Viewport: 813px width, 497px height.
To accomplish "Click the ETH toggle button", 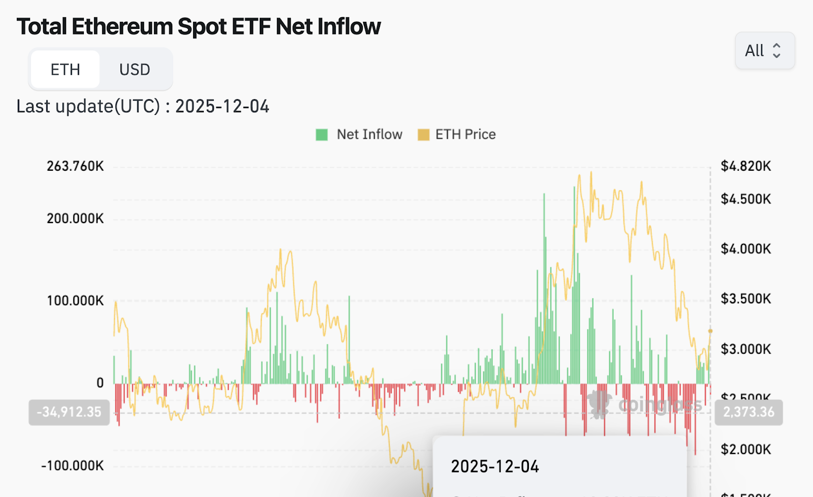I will (x=65, y=69).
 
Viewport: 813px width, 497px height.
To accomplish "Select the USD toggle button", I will (x=135, y=69).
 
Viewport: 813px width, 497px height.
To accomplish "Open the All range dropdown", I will (x=764, y=50).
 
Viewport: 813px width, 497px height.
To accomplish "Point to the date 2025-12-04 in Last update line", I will (x=222, y=106).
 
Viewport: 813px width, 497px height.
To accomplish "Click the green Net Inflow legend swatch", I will (x=322, y=135).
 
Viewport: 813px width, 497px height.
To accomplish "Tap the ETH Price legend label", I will (x=465, y=134).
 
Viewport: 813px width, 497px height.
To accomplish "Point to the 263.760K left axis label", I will (x=75, y=166).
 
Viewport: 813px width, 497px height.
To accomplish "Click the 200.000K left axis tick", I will (x=75, y=219).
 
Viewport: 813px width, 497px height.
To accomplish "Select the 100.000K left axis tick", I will (x=75, y=301).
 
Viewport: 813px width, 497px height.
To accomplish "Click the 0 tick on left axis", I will (x=100, y=383).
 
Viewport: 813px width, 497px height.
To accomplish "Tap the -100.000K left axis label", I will (x=73, y=465).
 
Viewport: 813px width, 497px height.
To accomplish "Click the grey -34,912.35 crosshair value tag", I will (x=69, y=412).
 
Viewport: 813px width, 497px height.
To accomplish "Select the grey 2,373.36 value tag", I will (x=748, y=412).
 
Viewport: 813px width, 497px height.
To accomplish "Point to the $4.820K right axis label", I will (x=745, y=166).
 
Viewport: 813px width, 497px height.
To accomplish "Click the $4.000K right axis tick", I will (x=745, y=249).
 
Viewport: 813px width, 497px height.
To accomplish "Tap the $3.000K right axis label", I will (x=745, y=349).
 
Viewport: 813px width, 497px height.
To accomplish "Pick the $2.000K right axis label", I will (x=745, y=449).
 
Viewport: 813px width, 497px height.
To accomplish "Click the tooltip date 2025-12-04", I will (x=495, y=467).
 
